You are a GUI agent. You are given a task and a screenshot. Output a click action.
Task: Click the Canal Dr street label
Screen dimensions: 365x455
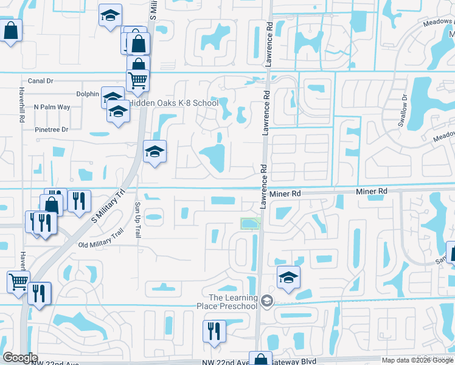[x=41, y=80]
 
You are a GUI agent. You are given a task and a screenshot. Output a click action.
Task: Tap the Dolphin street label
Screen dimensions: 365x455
[x=88, y=94]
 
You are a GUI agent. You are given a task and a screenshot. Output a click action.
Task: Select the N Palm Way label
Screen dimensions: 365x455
[x=52, y=107]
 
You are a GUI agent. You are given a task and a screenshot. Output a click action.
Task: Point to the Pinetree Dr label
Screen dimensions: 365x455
[x=52, y=130]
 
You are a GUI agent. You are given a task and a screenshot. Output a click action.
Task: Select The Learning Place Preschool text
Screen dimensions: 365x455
[x=233, y=301]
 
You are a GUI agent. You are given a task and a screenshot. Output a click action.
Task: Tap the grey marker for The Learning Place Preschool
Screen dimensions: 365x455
[x=266, y=301]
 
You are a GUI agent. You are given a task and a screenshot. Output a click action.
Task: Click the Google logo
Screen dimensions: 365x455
[x=20, y=358]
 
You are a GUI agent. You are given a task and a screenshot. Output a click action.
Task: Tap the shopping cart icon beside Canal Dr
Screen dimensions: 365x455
[x=138, y=79]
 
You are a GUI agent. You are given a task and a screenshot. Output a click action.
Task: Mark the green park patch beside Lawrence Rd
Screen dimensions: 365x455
[x=251, y=224]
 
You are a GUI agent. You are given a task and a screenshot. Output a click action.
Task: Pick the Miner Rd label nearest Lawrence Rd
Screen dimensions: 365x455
[x=287, y=192]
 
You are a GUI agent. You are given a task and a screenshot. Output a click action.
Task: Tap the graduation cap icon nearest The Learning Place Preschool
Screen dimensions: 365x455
[x=288, y=277]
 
